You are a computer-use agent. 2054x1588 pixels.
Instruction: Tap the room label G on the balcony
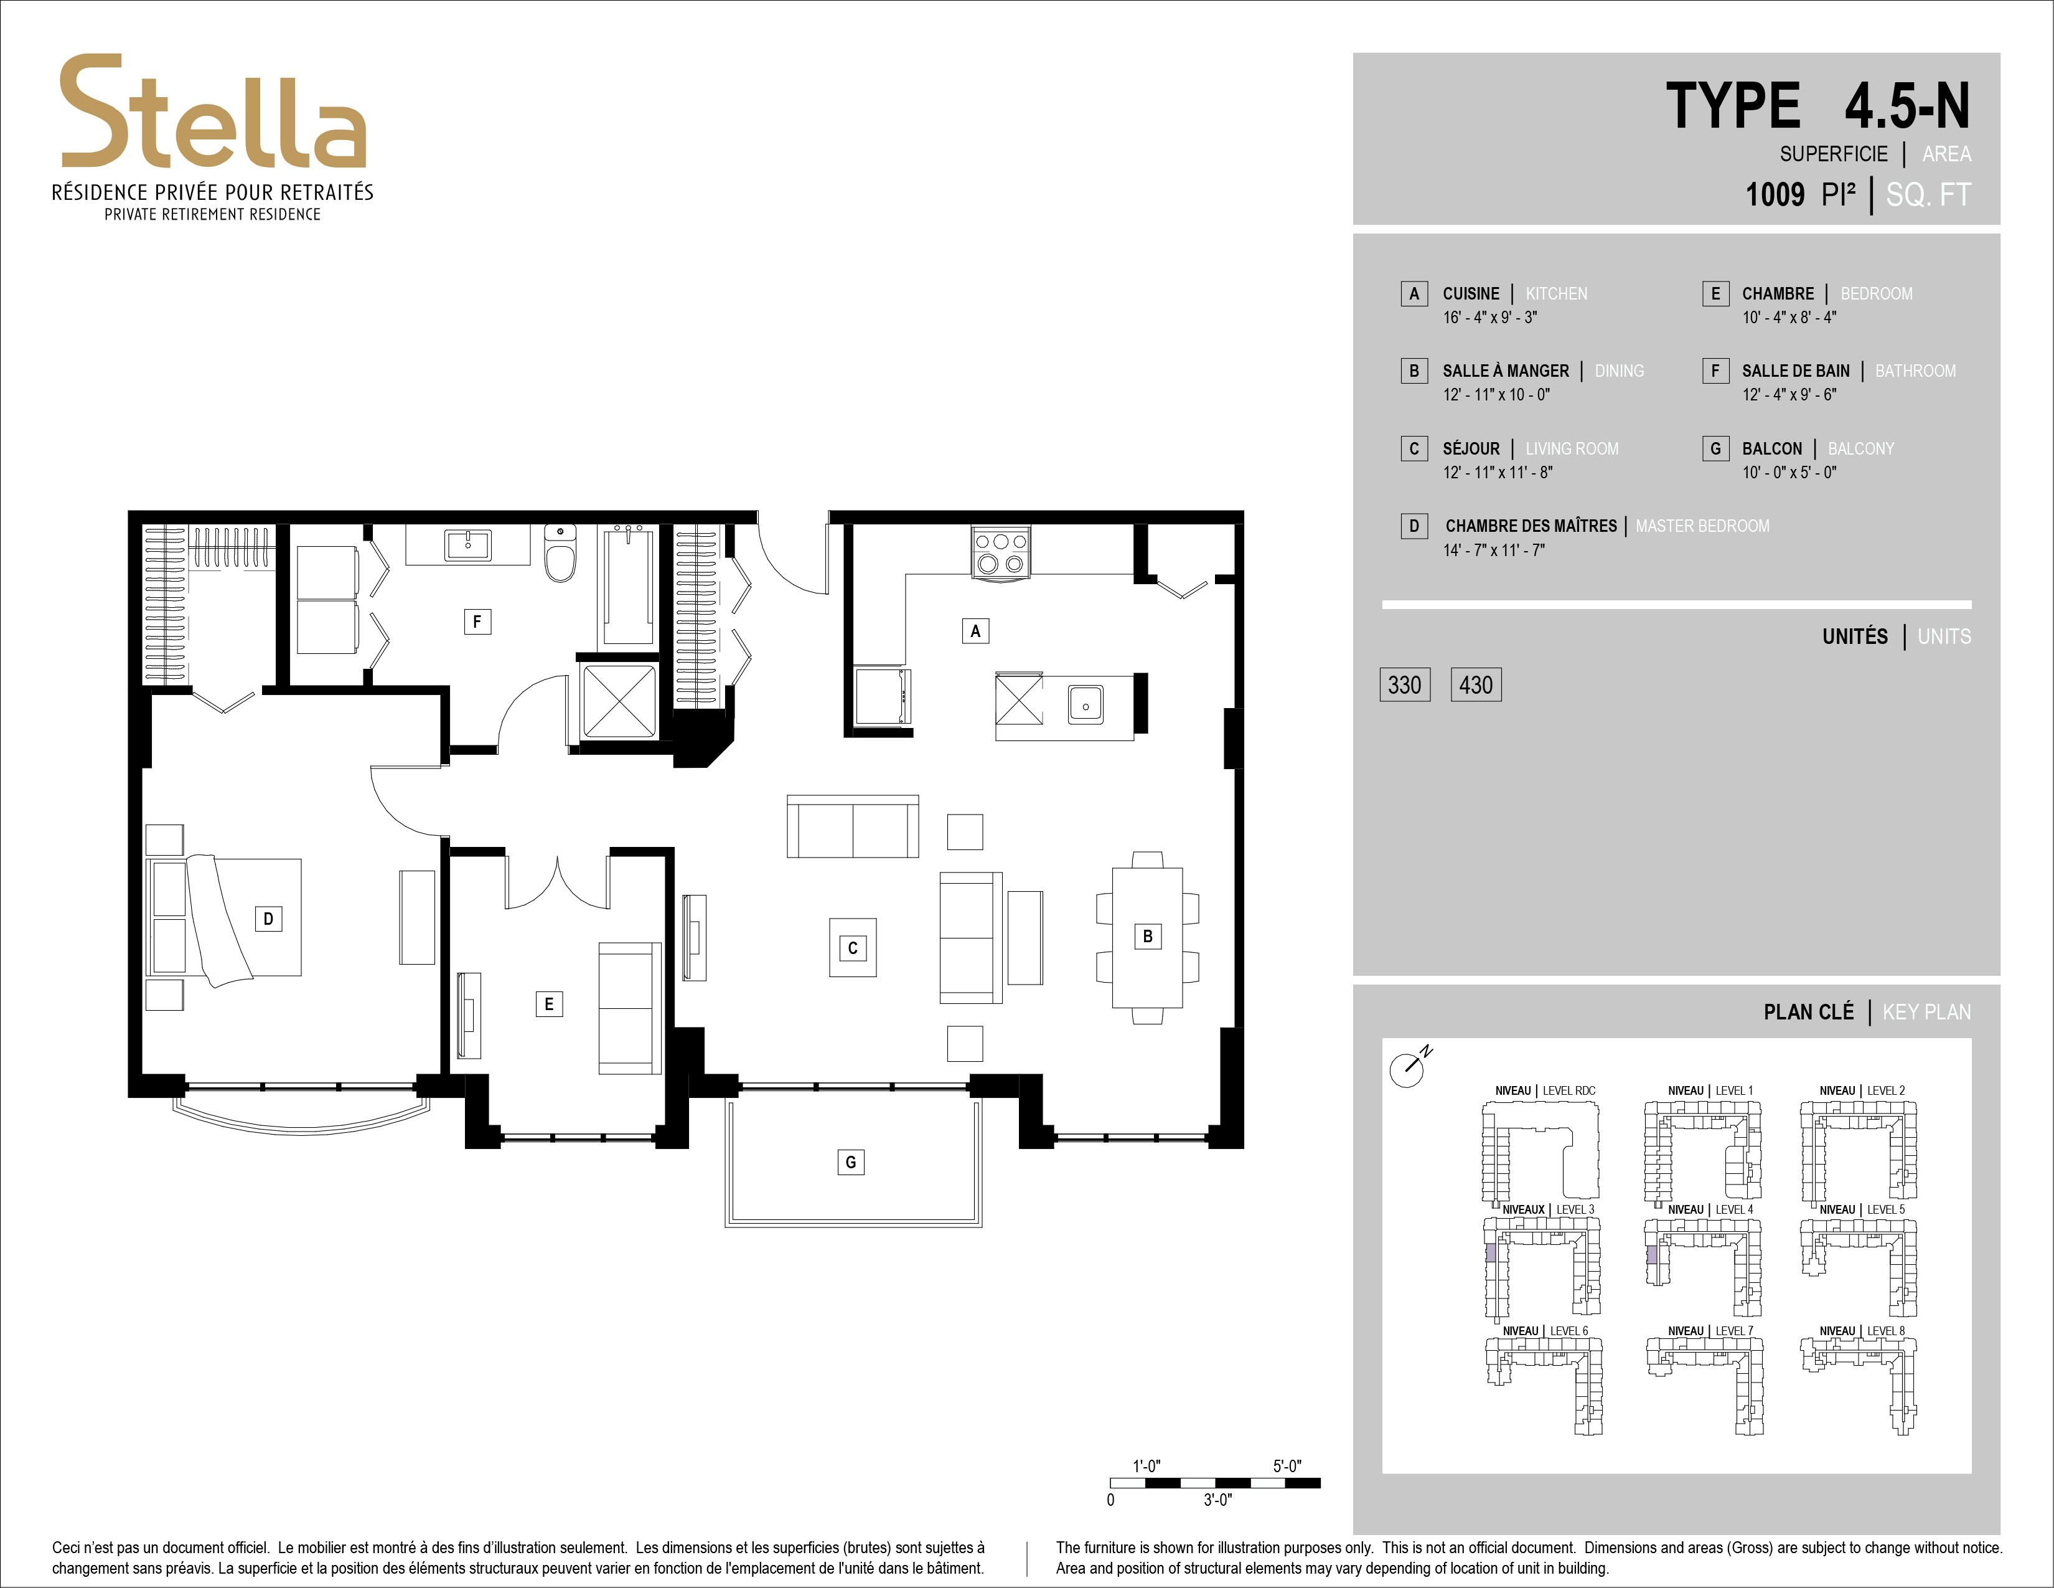point(850,1162)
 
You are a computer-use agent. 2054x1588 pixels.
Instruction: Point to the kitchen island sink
point(1086,704)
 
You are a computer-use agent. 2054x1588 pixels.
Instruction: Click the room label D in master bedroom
point(268,918)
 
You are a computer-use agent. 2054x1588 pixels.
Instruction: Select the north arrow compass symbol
point(1408,1068)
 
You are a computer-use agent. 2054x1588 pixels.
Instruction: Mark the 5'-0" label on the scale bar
point(1287,1466)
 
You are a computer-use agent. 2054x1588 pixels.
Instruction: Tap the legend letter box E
point(1715,293)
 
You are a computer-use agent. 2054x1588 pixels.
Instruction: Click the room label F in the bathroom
point(477,621)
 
